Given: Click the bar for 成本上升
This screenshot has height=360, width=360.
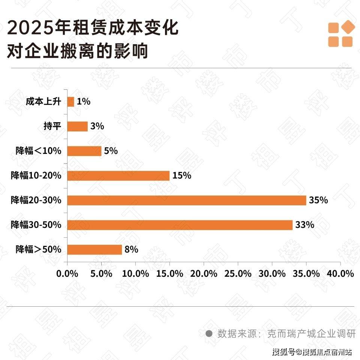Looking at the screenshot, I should click(x=71, y=101).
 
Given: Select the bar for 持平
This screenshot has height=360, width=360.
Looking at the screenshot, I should click(x=77, y=126).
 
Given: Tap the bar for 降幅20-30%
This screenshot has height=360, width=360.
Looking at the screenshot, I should click(x=187, y=200).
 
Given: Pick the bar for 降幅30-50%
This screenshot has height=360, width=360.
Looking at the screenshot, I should click(x=180, y=225).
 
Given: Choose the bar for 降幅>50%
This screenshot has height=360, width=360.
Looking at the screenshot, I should click(x=94, y=250).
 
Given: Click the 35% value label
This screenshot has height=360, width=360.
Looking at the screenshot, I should click(x=318, y=200).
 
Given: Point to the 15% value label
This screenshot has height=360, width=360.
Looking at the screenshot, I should click(x=182, y=175).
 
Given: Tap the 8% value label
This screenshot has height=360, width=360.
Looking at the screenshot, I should click(x=132, y=250).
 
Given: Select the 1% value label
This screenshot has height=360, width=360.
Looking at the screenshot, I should click(x=84, y=101).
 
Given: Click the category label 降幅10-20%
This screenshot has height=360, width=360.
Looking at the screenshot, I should click(x=36, y=175).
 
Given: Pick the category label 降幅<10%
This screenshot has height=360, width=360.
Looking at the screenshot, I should click(x=38, y=151).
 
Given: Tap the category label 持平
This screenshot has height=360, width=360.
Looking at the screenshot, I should click(x=52, y=126).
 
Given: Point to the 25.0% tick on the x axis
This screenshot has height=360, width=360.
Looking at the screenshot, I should click(x=238, y=274).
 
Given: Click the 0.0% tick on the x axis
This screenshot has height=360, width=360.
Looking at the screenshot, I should click(x=67, y=274).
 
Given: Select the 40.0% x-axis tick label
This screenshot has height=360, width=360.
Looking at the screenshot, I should click(x=340, y=274).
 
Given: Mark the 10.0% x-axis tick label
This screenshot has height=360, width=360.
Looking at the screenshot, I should click(x=135, y=274).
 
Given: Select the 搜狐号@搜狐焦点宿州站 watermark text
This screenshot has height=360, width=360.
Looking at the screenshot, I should click(x=312, y=352).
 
